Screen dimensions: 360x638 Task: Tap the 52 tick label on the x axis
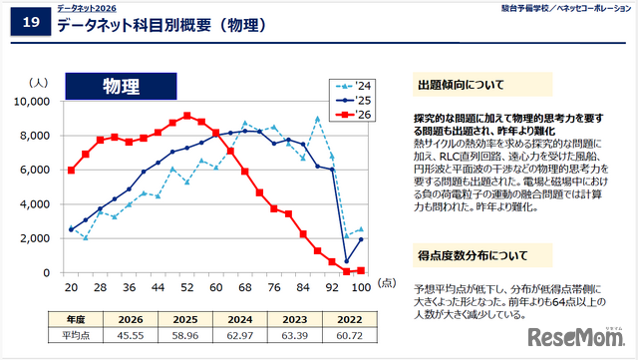coord(186,286)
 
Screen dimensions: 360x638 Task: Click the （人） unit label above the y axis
coord(41,84)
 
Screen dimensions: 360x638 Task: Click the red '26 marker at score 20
coord(71,171)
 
